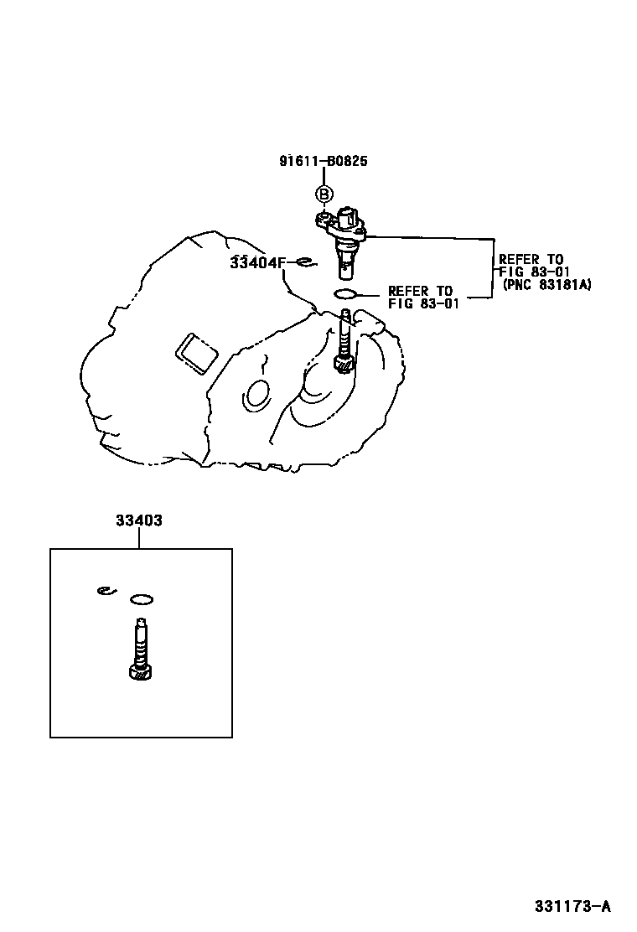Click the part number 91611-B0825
click(324, 161)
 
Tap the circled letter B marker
click(324, 194)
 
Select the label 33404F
click(258, 262)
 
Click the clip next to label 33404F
click(305, 263)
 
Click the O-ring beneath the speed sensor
click(345, 293)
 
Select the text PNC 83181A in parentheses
click(547, 285)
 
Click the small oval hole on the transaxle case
click(256, 393)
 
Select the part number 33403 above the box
click(139, 520)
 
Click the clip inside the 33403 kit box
click(105, 591)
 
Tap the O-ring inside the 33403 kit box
click(142, 599)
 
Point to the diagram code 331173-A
click(573, 906)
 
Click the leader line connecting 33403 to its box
click(139, 538)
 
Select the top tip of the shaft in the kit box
click(141, 621)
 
